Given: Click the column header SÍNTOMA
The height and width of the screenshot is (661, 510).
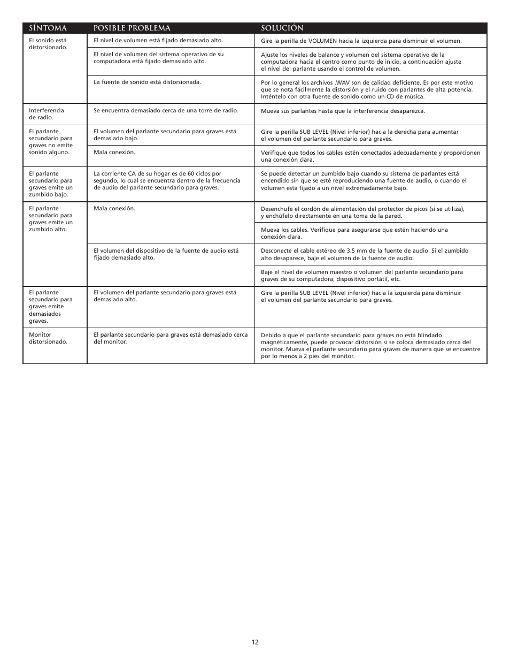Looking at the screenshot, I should pos(48,28).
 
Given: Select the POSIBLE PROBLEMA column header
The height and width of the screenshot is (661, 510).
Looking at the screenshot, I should pos(132,28).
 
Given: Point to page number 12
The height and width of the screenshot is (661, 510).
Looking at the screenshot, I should pos(255,642).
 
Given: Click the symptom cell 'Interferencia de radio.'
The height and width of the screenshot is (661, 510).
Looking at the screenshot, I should pos(47,114).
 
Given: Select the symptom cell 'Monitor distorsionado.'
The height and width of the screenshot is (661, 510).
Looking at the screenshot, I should pos(48,338).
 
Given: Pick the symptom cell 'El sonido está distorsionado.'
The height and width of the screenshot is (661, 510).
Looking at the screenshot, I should pos(48,44).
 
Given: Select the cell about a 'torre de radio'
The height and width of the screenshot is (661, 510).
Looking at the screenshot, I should pos(166,110).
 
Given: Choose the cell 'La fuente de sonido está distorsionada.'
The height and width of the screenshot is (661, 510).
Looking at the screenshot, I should pos(147,82).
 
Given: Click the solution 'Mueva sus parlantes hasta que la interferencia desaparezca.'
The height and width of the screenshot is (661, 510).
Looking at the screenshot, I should pos(343,111).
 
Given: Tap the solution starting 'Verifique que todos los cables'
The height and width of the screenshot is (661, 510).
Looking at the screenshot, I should pos(370,156).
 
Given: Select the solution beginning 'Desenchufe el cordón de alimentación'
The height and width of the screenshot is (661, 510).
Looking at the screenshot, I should pos(362,212).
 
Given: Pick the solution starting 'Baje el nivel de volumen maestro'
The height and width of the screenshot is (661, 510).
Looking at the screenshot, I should pos(362,275).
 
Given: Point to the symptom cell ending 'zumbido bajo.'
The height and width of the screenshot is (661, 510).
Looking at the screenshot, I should pos(51,184).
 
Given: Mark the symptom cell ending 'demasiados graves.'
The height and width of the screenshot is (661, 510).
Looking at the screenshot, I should pos(51,307).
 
